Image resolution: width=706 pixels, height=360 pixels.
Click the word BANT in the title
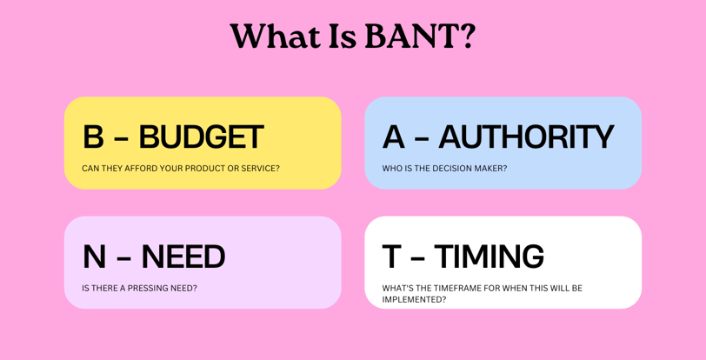[x=411, y=36]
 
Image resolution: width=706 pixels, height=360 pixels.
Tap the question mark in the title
[x=468, y=36]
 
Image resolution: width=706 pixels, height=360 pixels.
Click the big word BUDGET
[x=201, y=137]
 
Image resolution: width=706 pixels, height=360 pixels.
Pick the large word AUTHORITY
[x=526, y=137]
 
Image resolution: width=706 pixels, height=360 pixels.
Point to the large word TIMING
[x=489, y=257]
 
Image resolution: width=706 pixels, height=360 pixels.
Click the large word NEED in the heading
[x=183, y=257]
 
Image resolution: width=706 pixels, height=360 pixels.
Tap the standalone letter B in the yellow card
[x=93, y=137]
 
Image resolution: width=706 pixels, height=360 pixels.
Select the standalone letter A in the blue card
[x=394, y=137]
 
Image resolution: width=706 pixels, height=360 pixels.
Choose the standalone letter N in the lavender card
[x=94, y=257]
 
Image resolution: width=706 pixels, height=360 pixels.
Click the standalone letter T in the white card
[x=392, y=257]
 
